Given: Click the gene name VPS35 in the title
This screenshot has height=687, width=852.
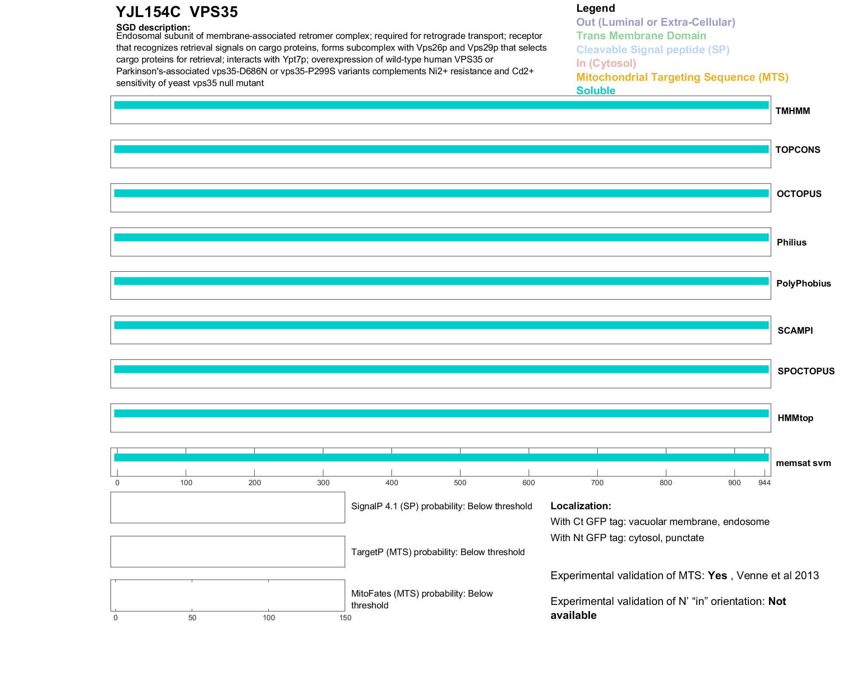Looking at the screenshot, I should pyautogui.click(x=214, y=12).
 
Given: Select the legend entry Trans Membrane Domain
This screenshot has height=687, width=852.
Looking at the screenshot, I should pyautogui.click(x=641, y=36).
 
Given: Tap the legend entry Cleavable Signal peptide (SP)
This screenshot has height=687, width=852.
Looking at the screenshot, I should pyautogui.click(x=653, y=50).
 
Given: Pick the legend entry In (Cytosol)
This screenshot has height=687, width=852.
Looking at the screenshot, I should pyautogui.click(x=606, y=63).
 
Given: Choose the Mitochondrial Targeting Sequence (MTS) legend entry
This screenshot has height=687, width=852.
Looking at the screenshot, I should pyautogui.click(x=682, y=77).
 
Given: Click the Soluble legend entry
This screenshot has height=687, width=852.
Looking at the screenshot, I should pyautogui.click(x=596, y=91).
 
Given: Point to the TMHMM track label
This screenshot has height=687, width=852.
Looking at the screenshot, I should pyautogui.click(x=793, y=111).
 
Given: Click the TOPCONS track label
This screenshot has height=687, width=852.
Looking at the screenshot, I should pyautogui.click(x=797, y=150).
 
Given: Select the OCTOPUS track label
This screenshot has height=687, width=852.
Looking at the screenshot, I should pyautogui.click(x=799, y=194).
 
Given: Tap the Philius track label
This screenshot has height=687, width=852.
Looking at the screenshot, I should pyautogui.click(x=791, y=242).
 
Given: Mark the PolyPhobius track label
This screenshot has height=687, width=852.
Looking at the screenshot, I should pyautogui.click(x=803, y=283).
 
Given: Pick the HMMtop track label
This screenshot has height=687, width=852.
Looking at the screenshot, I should pyautogui.click(x=795, y=418).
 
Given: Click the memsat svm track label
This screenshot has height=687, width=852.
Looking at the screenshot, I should pyautogui.click(x=803, y=463).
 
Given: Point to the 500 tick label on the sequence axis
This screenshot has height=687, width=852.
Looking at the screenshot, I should pyautogui.click(x=460, y=483).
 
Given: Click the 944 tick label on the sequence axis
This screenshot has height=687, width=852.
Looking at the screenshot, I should pyautogui.click(x=764, y=483).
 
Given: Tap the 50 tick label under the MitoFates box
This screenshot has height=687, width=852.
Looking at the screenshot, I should pyautogui.click(x=192, y=618).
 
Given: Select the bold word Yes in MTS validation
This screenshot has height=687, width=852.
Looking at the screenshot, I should pyautogui.click(x=717, y=576).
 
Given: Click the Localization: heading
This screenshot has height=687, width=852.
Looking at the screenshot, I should pyautogui.click(x=581, y=506).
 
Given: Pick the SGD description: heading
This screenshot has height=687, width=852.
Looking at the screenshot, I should pyautogui.click(x=153, y=28).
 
